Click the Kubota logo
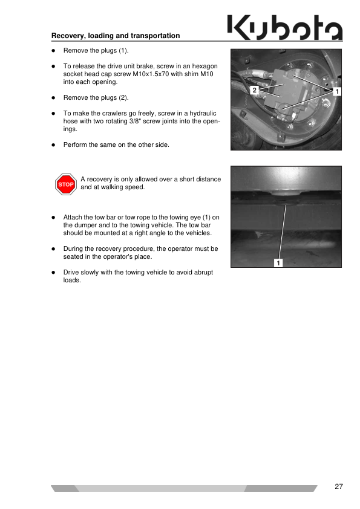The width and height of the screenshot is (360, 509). tap(285, 27)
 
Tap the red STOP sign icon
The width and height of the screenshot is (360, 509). tap(66, 184)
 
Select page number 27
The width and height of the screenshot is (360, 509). tap(339, 486)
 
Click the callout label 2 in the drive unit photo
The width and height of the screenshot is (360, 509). tap(254, 90)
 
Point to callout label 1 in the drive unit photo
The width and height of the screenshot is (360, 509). tap(337, 91)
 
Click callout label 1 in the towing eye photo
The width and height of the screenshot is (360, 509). tap(278, 262)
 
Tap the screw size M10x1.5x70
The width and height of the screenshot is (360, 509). tap(151, 74)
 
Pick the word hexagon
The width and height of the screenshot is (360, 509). tap(205, 66)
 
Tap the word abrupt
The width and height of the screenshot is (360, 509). tap(203, 273)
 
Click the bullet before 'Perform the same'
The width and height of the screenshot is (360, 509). tap(54, 145)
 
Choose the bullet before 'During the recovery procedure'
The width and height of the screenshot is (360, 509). tap(54, 249)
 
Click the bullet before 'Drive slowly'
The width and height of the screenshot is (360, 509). tap(54, 273)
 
